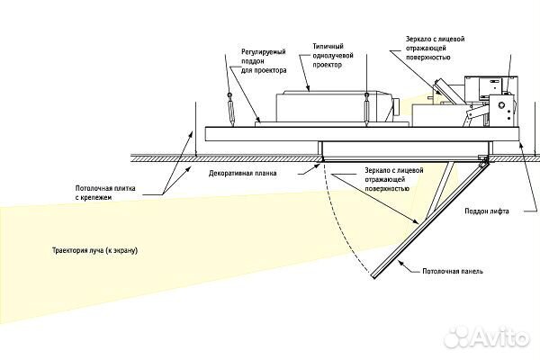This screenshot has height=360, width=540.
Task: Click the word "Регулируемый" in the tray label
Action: click(260, 53)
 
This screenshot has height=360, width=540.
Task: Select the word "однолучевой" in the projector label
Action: click(330, 54)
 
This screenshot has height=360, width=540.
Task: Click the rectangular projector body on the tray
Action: click(324, 105)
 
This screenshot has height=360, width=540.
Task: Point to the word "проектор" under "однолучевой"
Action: click(326, 65)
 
